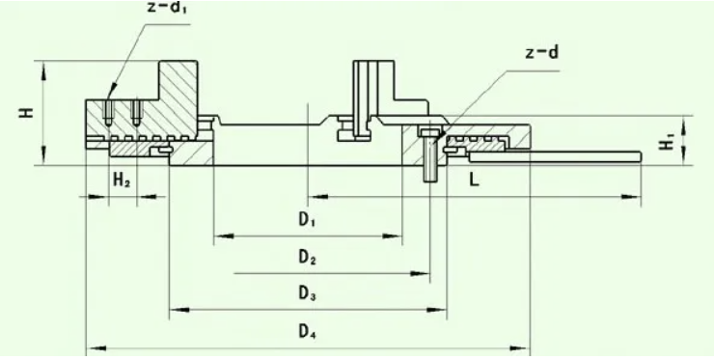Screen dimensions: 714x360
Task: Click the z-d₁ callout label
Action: (167, 9)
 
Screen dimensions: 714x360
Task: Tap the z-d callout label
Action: (541, 52)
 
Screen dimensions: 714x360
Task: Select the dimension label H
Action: (26, 112)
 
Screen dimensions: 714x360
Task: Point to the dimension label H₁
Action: (667, 141)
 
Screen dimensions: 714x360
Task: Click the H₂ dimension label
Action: (122, 180)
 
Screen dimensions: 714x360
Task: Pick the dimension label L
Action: (474, 180)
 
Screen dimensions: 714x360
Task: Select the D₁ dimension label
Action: (308, 220)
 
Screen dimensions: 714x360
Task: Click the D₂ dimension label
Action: (308, 258)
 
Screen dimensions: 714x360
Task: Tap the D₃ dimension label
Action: (308, 294)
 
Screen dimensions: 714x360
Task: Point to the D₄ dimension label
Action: (308, 332)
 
